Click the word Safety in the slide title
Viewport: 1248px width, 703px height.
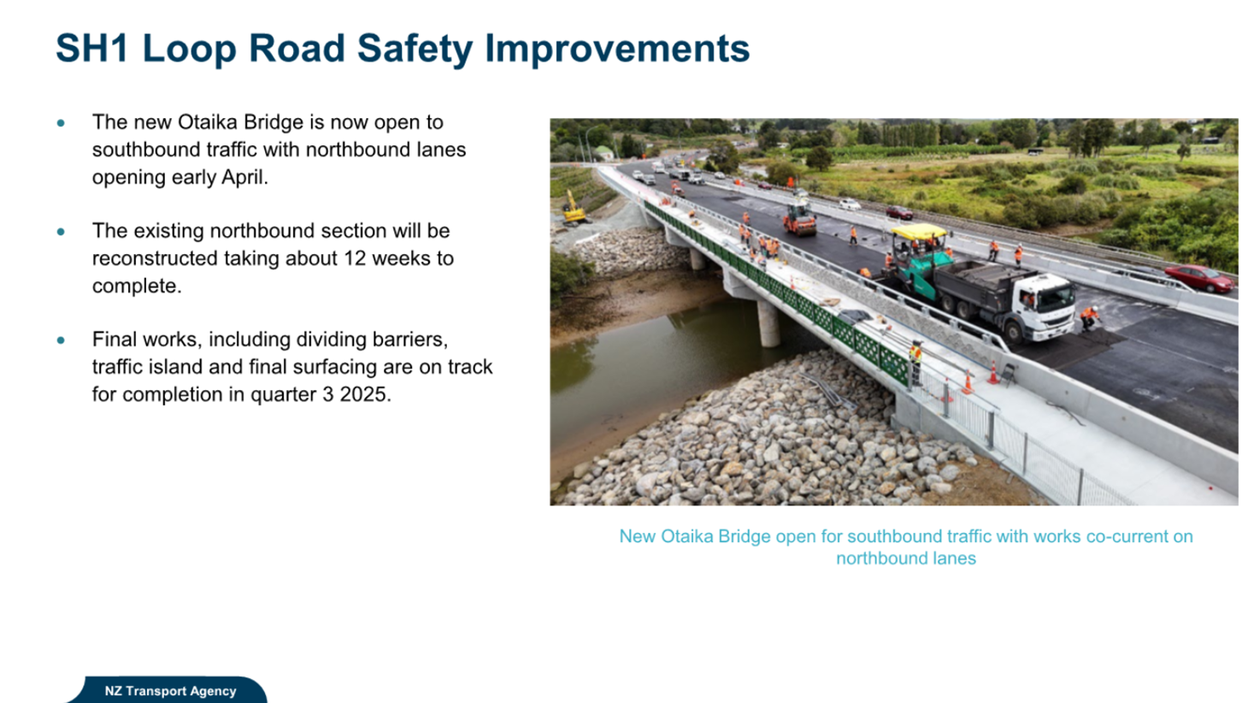tap(415, 49)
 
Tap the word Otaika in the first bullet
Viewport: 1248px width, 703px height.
tap(208, 122)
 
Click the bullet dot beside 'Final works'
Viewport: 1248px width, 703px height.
tap(61, 340)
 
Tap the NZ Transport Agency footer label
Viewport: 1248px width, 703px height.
tap(170, 691)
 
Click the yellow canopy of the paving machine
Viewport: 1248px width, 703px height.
tap(918, 232)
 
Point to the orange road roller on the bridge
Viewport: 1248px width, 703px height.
tap(800, 219)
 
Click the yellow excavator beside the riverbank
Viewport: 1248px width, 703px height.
tap(574, 207)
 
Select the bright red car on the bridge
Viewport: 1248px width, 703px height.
tap(1198, 278)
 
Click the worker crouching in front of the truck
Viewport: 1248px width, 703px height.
tap(1089, 318)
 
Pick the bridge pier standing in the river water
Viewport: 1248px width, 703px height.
tap(768, 323)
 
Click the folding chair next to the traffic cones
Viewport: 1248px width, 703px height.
tap(1008, 374)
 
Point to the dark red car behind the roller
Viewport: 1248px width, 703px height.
tap(899, 212)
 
